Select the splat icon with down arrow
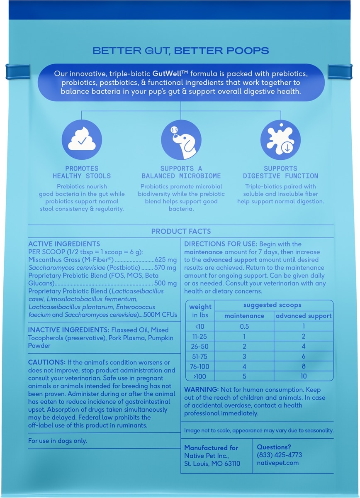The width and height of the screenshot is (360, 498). pos(280,140)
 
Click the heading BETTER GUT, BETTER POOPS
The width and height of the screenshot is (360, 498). pos(180,51)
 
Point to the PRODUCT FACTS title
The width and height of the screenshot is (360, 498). pos(181,231)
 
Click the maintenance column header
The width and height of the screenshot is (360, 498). pos(244,316)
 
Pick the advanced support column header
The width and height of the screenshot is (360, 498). pos(304,316)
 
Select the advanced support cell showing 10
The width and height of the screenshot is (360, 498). pos(304,376)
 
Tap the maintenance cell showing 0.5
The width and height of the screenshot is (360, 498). pos(244,326)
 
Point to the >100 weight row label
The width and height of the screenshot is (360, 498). pos(200,376)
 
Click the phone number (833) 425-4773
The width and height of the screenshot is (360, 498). pos(279,455)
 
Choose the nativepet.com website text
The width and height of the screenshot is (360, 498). pos(277,463)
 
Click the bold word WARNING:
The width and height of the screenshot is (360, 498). pos(202,390)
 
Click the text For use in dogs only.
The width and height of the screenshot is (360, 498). pos(58,441)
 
